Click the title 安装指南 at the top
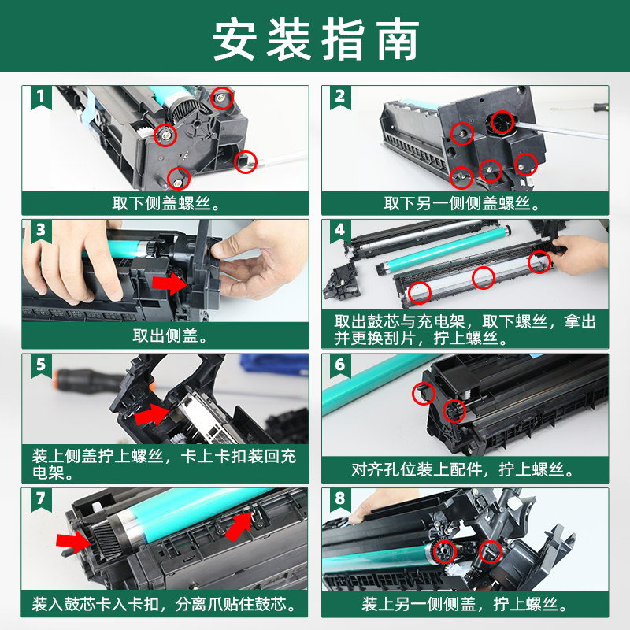pyautogui.click(x=315, y=38)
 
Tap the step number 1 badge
pyautogui.click(x=41, y=97)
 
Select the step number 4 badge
pyautogui.click(x=340, y=231)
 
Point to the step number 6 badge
pyautogui.click(x=340, y=365)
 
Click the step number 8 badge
pyautogui.click(x=340, y=498)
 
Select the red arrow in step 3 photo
pyautogui.click(x=169, y=282)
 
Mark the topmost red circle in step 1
pyautogui.click(x=223, y=98)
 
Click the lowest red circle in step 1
pyautogui.click(x=179, y=178)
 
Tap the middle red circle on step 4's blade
pyautogui.click(x=484, y=276)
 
